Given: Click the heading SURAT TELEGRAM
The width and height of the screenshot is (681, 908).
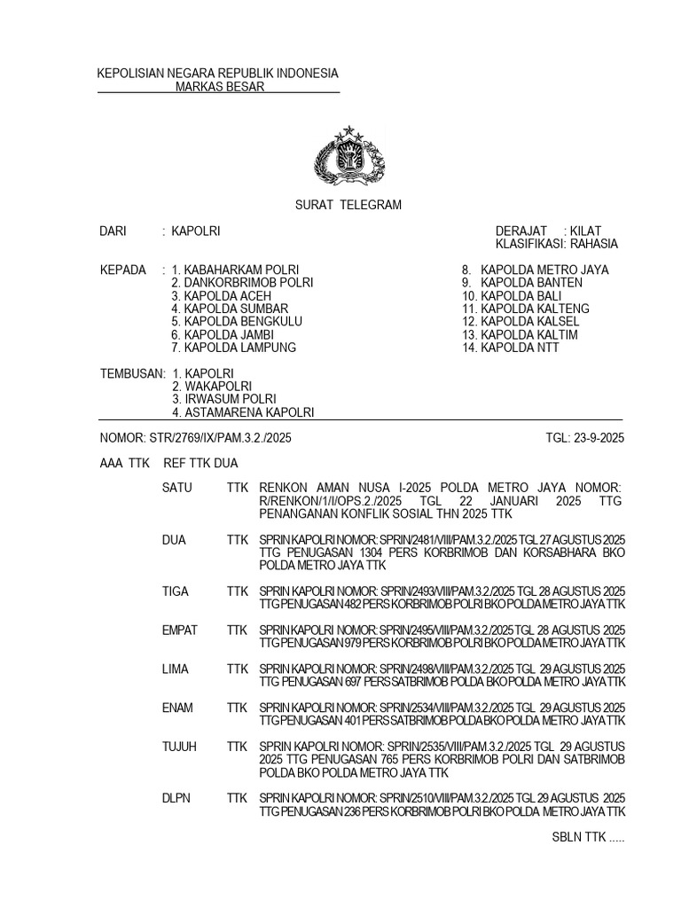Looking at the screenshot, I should pos(348,205).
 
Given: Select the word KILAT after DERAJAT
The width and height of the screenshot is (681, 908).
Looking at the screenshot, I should pos(586,231).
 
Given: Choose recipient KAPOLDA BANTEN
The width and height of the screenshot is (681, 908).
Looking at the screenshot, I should pos(531,283).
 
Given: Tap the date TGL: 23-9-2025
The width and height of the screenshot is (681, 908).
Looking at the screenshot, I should pos(585,438).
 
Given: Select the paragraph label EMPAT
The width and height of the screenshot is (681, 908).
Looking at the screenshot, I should pos(180,630).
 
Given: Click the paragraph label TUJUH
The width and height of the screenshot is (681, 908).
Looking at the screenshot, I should pos(178,748).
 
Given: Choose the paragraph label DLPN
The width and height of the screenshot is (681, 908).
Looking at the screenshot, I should pos(176,799).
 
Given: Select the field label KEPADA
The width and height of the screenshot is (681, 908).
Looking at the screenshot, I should pos(121,270).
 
